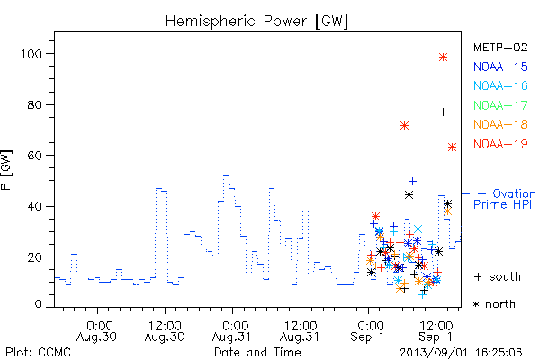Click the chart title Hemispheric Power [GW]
point(256,21)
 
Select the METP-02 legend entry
point(500,47)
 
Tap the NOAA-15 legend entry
point(500,67)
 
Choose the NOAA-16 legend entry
point(500,85)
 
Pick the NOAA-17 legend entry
point(500,105)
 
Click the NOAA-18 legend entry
point(500,124)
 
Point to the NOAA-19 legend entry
point(500,144)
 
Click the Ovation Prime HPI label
point(505,199)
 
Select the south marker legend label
point(498,276)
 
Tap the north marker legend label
point(494,304)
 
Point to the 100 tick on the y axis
point(31,54)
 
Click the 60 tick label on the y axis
point(35,156)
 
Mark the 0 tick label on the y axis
point(38,304)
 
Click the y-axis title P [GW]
point(6,170)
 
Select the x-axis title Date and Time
point(257,353)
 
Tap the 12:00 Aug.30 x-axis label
point(165,331)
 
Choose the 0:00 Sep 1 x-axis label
point(368,331)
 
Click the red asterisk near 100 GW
point(443,58)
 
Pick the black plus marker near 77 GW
point(443,112)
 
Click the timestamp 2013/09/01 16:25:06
point(461,353)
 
